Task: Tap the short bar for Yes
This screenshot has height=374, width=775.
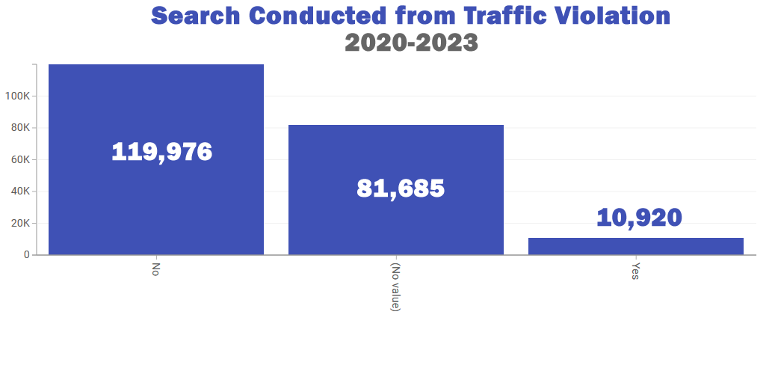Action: pyautogui.click(x=636, y=246)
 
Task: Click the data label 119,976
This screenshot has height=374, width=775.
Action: pyautogui.click(x=162, y=152)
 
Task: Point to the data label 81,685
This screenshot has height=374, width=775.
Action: pyautogui.click(x=401, y=188)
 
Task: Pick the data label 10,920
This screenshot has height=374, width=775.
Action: pyautogui.click(x=639, y=218)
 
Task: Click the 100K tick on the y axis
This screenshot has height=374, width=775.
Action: pyautogui.click(x=17, y=96)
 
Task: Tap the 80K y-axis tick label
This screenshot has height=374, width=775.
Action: pyautogui.click(x=19, y=128)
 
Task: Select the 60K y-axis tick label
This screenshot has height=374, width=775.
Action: pyautogui.click(x=19, y=159)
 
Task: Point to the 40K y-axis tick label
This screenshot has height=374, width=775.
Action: pyautogui.click(x=19, y=191)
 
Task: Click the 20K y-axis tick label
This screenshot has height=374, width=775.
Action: pyautogui.click(x=19, y=223)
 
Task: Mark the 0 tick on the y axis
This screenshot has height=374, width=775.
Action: pyautogui.click(x=27, y=255)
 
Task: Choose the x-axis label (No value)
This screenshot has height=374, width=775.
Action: pyautogui.click(x=396, y=287)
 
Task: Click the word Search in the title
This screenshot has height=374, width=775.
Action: pyautogui.click(x=195, y=16)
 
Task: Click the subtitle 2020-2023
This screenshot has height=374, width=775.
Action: pyautogui.click(x=411, y=43)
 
